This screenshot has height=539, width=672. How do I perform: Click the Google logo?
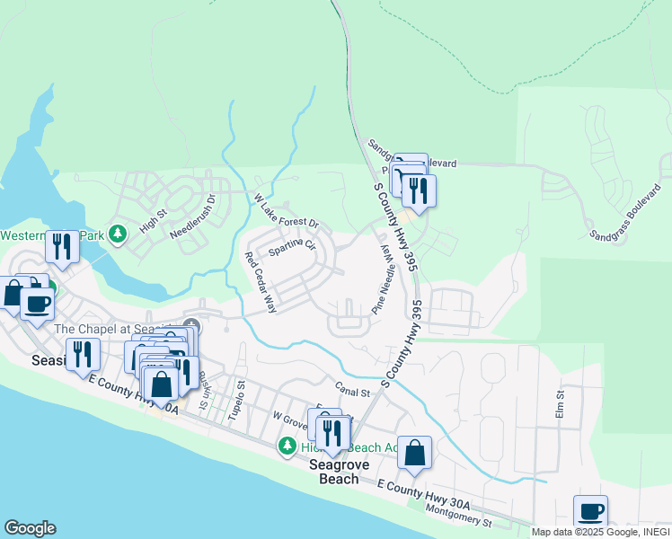pyautogui.click(x=30, y=528)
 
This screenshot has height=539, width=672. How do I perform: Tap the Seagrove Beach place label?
pyautogui.click(x=334, y=472)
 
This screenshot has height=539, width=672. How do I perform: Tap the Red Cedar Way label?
pyautogui.click(x=261, y=282)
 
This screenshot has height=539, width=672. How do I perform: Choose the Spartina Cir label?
pyautogui.click(x=292, y=245)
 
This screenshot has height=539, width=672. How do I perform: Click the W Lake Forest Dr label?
pyautogui.click(x=286, y=210)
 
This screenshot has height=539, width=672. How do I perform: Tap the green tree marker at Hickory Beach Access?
pyautogui.click(x=287, y=446)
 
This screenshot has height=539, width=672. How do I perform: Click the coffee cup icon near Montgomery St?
pyautogui.click(x=591, y=511)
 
